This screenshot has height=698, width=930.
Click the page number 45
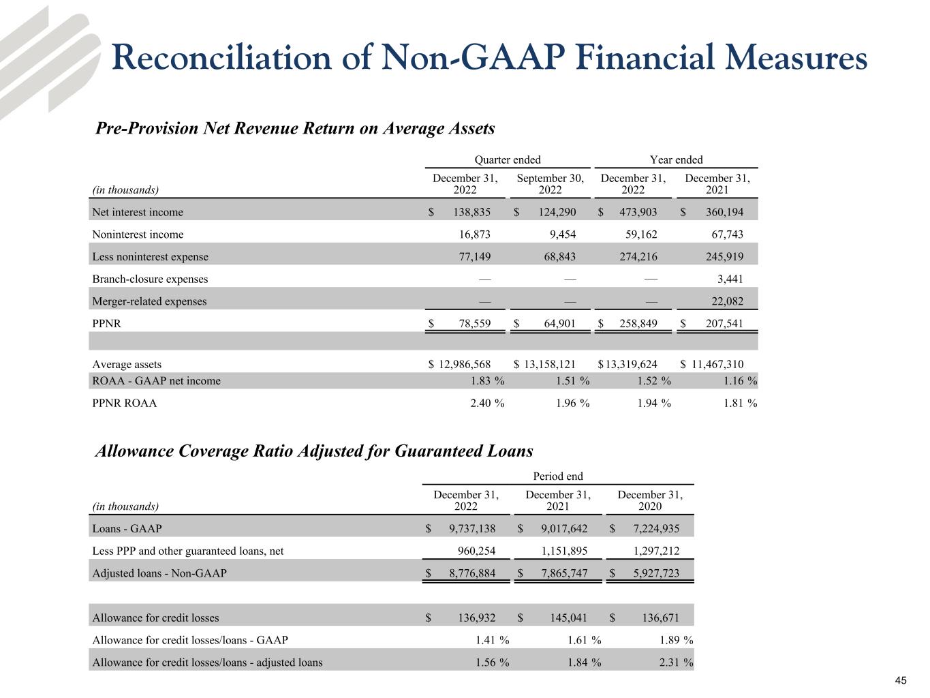[901, 681]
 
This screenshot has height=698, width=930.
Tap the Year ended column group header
[676, 160]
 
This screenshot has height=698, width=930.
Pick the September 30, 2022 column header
[550, 183]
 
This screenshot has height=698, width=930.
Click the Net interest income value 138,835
[471, 212]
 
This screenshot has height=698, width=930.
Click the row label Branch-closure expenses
[150, 279]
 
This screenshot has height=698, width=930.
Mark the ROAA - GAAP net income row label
[156, 381]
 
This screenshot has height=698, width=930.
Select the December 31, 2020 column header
[649, 500]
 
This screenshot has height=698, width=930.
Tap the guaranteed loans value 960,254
[472, 551]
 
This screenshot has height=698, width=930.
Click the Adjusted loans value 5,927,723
[651, 573]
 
